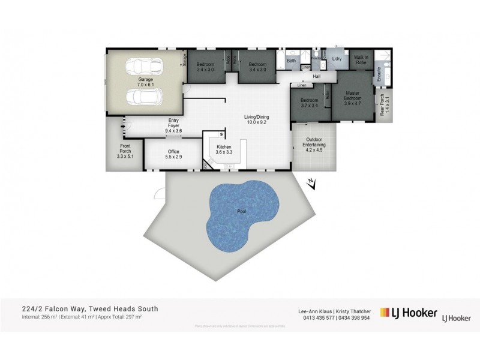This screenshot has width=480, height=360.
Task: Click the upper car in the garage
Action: point(143,66)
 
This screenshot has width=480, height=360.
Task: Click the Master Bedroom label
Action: point(353,95)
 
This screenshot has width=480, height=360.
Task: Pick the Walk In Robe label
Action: point(361,60)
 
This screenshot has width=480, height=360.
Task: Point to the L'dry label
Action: point(337,58)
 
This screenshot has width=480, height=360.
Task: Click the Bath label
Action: point(291,61)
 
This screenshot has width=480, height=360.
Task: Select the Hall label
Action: point(316,77)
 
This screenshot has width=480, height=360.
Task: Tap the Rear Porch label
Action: point(383,105)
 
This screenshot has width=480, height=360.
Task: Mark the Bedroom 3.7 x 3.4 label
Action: point(309,103)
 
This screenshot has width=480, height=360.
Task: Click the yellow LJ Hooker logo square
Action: point(386,314)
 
